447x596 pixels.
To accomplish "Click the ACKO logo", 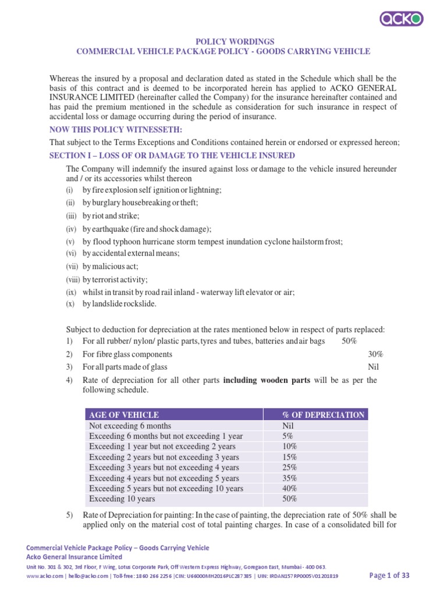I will (402, 19).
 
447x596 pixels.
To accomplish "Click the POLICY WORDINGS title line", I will (223, 41).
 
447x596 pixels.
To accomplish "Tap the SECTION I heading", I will (172, 155).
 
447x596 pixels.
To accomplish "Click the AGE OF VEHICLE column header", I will (123, 415).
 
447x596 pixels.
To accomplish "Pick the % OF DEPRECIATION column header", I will (323, 415).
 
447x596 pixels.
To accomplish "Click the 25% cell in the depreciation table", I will (290, 467).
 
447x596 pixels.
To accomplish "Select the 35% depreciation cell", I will (290, 478).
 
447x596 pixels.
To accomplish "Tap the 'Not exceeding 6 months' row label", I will (130, 425).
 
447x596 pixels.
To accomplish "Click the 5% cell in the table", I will (288, 436).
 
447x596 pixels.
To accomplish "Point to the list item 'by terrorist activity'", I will (115, 279).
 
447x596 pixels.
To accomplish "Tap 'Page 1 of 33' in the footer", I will (390, 576).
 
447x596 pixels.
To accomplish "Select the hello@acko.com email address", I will (83, 576).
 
